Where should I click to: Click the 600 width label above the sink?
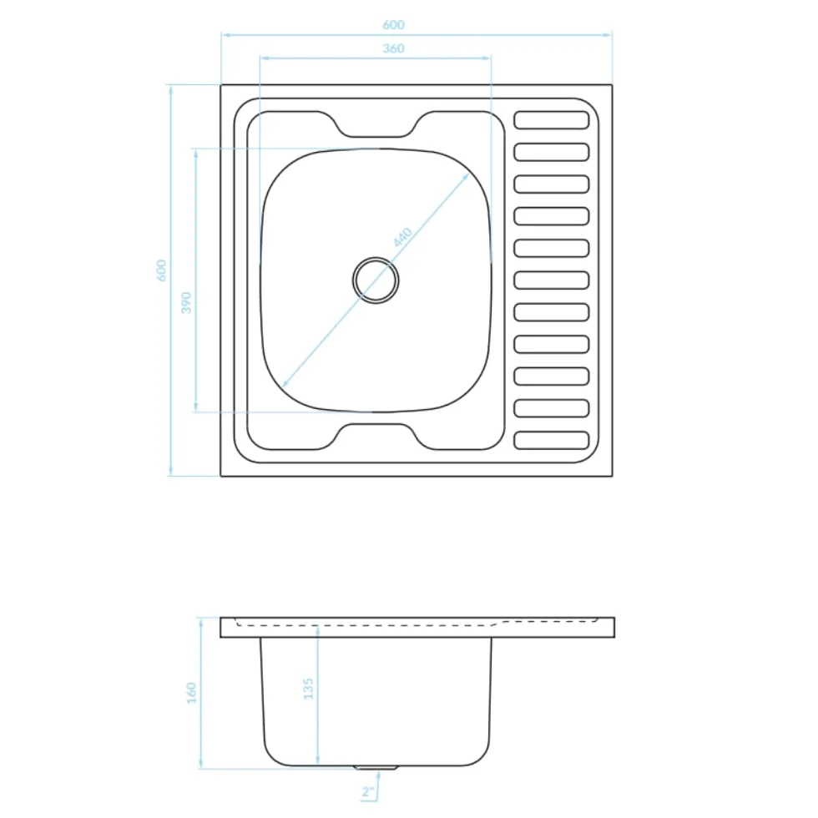pos(393,24)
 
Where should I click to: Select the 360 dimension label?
pos(393,48)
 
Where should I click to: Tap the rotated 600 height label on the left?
pos(162,270)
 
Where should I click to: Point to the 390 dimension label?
pos(186,302)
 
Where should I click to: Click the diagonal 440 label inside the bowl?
pos(402,237)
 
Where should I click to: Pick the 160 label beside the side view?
pos(192,693)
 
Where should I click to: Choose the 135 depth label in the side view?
pos(308,689)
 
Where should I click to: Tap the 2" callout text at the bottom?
pos(368,792)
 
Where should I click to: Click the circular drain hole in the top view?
pos(376,280)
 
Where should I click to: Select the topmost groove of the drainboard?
pos(552,120)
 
